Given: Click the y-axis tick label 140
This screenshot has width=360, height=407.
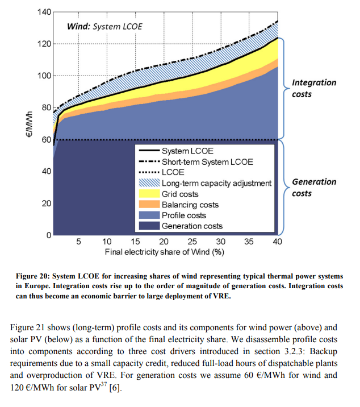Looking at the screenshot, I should point(44,12).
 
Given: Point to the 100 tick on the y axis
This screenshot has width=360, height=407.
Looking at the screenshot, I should point(44,76).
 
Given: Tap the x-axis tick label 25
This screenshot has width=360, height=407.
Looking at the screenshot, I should point(192,242).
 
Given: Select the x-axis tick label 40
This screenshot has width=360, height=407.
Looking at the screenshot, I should point(278,242).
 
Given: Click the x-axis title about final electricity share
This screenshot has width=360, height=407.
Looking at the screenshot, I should point(164,251).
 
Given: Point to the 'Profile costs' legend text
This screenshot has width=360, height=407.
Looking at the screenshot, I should point(184,215).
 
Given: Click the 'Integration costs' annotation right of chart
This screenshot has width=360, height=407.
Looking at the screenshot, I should point(314,88).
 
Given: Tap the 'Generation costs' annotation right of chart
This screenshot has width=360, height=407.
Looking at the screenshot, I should point(314,188).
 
